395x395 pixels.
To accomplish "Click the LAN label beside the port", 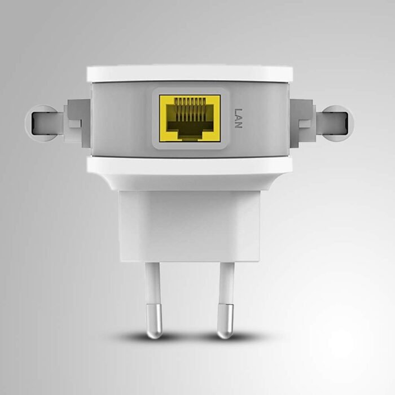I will tap(238, 118).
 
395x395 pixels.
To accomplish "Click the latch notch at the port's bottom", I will tap(190, 135).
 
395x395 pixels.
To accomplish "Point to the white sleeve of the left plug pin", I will tap(152, 282).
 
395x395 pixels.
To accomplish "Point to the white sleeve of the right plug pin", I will tap(226, 282).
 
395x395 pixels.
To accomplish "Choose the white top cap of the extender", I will tap(190, 73).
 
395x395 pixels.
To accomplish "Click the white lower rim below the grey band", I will tap(190, 165).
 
